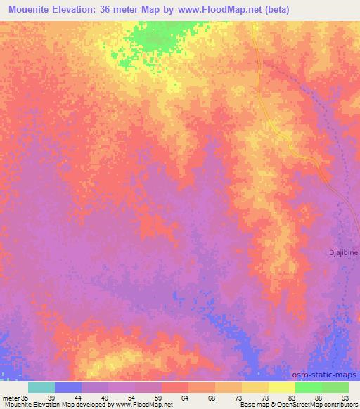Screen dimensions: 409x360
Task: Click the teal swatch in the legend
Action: coord(41,387)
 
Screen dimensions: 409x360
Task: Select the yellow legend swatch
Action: coord(281,387)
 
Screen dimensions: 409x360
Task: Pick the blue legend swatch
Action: coord(68,387)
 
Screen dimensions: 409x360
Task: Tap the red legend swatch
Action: coord(174,387)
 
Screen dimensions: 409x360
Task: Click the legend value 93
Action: coord(345,397)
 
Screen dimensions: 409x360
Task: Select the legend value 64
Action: coord(184,397)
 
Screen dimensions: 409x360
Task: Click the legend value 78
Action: coord(264,397)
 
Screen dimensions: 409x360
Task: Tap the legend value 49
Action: coord(104,397)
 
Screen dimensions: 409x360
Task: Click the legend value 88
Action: coord(318,397)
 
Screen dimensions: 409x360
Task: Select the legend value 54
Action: coord(131,397)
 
